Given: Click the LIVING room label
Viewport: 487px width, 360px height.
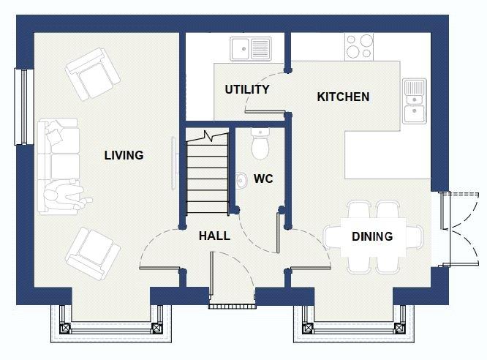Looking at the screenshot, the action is coord(124,155).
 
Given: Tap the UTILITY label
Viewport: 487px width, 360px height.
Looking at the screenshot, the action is coord(247,89).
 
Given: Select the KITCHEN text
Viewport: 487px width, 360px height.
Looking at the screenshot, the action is coord(343,97).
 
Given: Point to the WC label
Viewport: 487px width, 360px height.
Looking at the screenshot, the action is coord(263,179).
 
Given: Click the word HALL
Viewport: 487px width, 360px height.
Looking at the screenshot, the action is coord(214,236).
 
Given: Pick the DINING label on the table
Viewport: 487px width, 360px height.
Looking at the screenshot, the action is coord(372,236).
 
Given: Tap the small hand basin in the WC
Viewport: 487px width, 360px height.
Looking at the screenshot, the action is coord(241,180).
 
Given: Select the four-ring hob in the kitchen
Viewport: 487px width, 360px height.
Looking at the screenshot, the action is coord(359,47).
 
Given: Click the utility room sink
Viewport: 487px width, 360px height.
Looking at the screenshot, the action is coord(251,49).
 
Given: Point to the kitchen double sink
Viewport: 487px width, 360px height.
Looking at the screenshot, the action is coord(415,101).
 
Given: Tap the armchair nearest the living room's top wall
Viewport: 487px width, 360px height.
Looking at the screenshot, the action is coord(93,74).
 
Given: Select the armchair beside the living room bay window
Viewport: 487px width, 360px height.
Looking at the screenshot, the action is coord(93,254).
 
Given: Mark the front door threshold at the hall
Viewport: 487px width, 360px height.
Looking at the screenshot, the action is coord(232,307).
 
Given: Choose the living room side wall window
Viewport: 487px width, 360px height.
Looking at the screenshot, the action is coord(24,106).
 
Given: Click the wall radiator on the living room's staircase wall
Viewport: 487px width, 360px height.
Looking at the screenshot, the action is coord(174,163).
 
